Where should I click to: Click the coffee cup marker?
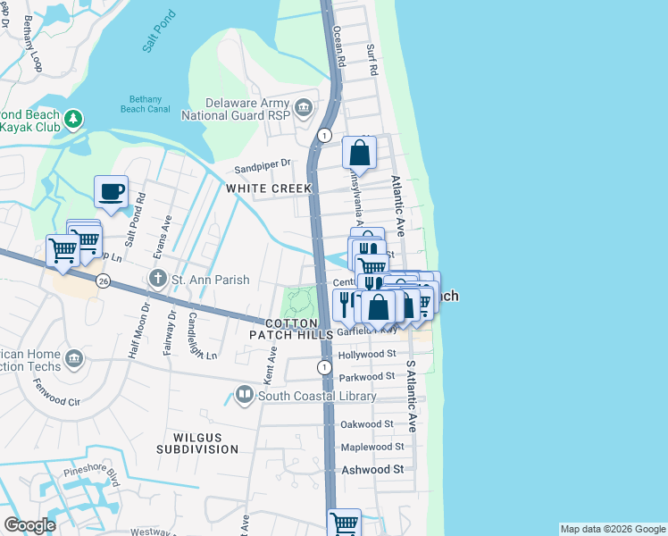(x=111, y=192)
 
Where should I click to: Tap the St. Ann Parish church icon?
(x=159, y=280)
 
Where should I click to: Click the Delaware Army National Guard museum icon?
(x=304, y=108)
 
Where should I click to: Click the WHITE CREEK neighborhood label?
(x=269, y=188)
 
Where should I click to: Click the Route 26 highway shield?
(x=104, y=281)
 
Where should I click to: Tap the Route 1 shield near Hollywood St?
(x=323, y=367)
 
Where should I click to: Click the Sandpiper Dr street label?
(x=263, y=164)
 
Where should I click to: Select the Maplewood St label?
(x=372, y=446)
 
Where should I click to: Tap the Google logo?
(x=30, y=525)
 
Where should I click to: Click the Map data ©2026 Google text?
(x=612, y=529)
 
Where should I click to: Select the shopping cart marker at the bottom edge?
(x=344, y=523)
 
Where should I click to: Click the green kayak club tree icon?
(x=75, y=119)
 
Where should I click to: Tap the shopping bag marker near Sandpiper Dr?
(x=359, y=153)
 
